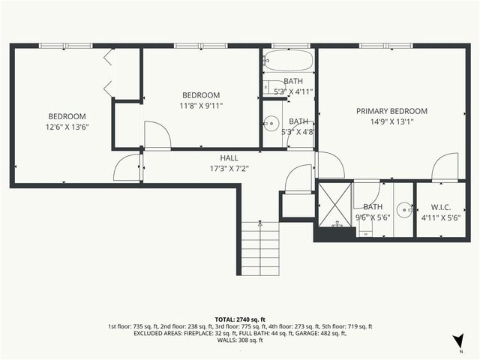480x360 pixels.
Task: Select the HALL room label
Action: (x=229, y=158)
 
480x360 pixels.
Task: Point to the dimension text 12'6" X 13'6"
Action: (x=67, y=127)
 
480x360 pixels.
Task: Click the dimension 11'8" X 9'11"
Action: (x=201, y=106)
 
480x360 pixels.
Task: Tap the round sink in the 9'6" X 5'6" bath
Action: (x=404, y=210)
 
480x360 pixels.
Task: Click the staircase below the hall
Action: (x=259, y=251)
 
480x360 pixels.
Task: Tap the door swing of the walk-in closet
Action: (x=445, y=166)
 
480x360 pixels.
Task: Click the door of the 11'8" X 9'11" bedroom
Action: (x=157, y=135)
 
